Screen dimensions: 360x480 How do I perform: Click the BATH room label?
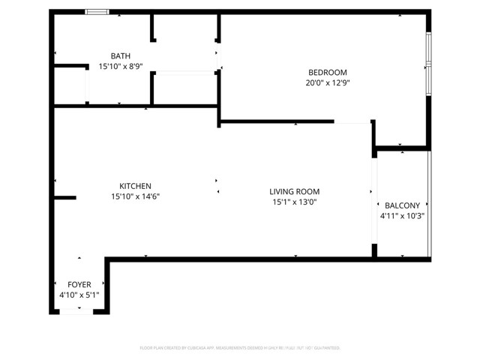120,56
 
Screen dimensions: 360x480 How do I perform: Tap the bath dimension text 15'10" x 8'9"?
120,67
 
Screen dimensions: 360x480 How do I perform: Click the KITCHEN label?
136,186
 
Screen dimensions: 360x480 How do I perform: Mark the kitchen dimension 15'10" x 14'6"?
136,196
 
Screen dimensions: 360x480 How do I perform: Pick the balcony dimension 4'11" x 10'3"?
403,216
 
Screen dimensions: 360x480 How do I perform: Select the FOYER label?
79,285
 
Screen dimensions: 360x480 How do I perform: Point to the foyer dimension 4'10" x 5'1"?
79,295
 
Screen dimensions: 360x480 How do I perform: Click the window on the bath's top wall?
96,11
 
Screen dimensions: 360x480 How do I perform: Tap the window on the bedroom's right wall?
428,64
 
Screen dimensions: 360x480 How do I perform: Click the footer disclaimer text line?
240,348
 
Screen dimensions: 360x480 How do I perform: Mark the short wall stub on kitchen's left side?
64,198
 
